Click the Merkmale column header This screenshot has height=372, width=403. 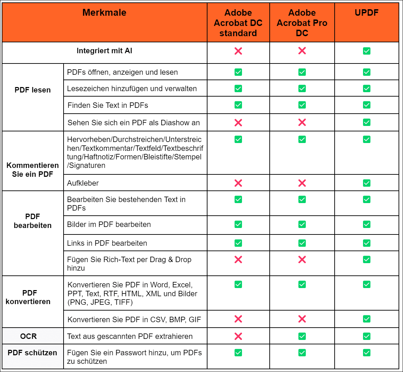point(104,13)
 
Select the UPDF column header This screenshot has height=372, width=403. point(366,13)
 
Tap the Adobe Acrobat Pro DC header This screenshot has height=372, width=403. point(302,23)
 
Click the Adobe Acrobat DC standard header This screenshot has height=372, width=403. point(238,23)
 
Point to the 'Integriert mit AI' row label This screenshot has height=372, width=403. point(104,51)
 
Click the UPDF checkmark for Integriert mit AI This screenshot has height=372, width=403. point(366,51)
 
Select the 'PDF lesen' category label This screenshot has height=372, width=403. point(32,90)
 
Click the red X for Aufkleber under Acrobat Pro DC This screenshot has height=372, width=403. point(302,183)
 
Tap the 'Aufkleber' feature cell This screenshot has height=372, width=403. point(83,183)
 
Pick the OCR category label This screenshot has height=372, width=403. point(28,336)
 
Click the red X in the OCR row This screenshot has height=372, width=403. point(238,336)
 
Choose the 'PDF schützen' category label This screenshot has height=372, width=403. point(32,353)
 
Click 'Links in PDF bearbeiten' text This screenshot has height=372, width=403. point(107,243)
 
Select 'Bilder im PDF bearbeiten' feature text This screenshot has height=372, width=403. point(109,224)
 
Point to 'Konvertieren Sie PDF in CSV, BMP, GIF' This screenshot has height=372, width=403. point(134,319)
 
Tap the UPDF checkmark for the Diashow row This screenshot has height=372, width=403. point(366,122)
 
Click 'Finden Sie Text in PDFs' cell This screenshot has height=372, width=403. point(108,105)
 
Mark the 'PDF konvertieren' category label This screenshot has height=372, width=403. point(28,297)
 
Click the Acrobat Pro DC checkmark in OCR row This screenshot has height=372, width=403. point(302,336)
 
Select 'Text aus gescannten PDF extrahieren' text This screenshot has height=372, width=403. point(130,336)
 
